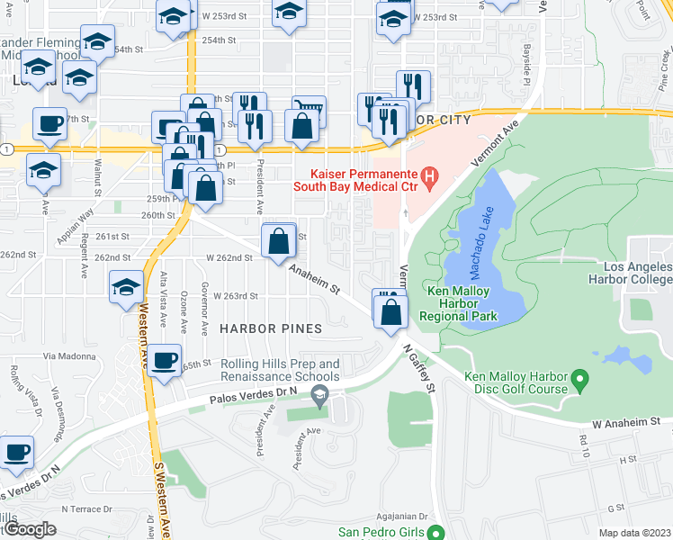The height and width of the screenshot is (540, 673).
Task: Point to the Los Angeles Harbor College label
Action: [626, 274]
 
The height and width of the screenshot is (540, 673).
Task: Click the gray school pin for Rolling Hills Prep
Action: [319, 393]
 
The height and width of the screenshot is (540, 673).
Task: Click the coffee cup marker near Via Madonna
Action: [165, 361]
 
